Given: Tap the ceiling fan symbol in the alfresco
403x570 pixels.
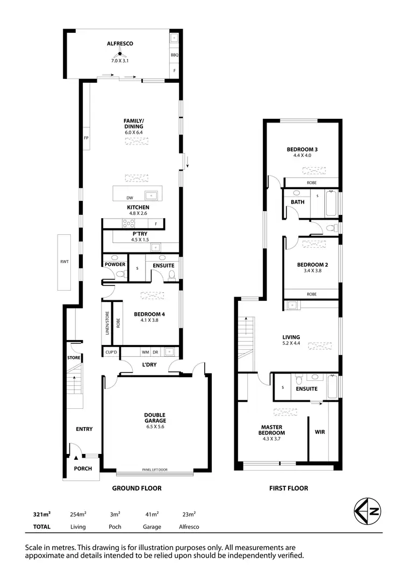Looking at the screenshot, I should pos(120,54).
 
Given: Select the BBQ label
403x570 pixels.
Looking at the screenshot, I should pos(174,55).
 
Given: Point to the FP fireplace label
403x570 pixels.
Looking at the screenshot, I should pos(85,138).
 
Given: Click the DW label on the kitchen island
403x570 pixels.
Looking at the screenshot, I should pos(129,198).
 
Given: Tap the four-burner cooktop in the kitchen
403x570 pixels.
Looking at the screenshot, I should pos(129,223).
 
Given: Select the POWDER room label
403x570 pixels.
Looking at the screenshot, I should pos(116,264).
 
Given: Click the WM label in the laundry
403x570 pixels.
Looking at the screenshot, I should pos(145,352).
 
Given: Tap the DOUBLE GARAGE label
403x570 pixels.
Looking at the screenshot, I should pos(154,417).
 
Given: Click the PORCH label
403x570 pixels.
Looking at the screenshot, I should pos(83,468).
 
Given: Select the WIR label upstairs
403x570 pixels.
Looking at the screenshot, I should pos(320,432).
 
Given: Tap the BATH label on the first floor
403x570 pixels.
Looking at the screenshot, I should pos(297,202).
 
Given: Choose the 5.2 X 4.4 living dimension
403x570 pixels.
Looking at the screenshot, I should pos(291,343).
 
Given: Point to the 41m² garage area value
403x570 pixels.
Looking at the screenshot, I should pos(152,515).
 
